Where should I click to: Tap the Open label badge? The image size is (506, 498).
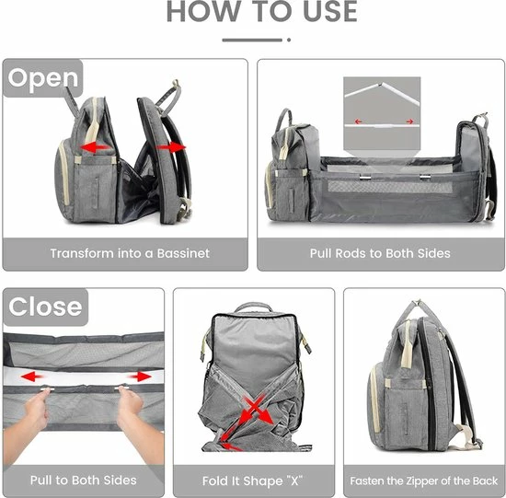point(43,78)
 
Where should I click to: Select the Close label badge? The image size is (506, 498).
point(45,307)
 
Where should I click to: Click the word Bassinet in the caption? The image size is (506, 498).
point(183,253)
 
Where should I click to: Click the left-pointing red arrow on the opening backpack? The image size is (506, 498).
point(94,147)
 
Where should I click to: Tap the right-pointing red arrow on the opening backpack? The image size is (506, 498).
point(172,147)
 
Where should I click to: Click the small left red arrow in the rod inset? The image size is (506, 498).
point(358,122)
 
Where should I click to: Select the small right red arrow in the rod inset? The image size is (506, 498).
point(409,122)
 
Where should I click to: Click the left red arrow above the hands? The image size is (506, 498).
point(31,376)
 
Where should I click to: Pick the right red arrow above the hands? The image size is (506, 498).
point(140,376)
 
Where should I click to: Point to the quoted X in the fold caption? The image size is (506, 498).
point(293,481)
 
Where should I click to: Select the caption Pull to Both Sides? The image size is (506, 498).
point(83,481)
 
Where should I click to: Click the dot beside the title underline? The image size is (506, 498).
point(289,41)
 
